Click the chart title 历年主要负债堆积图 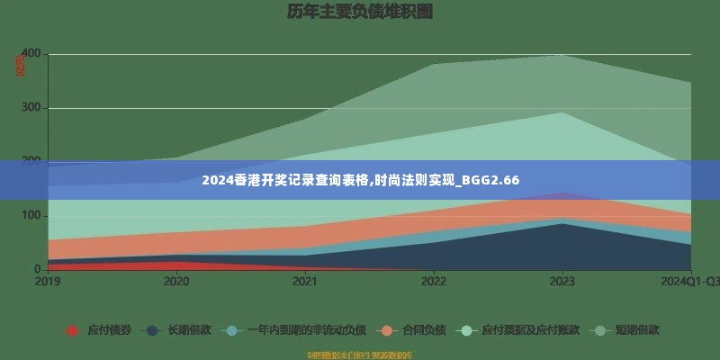pos(359,12)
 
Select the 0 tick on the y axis pos(37,269)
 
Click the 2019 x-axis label pos(49,282)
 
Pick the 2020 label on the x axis pos(176,282)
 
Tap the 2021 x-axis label pos(305,282)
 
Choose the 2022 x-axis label pos(434,282)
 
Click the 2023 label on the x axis pos(562,282)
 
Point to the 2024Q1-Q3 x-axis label pos(689,282)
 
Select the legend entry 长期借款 pos(189,330)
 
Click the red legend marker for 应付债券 pos(72,330)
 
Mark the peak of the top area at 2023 pos(562,55)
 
